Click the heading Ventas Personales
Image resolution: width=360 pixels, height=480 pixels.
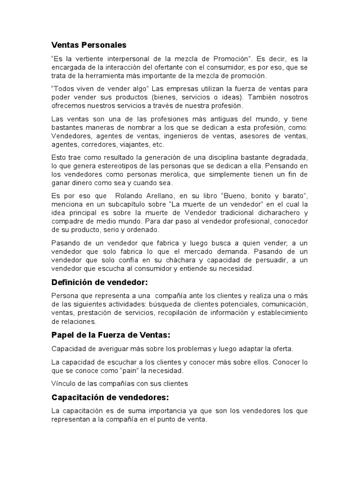(89, 45)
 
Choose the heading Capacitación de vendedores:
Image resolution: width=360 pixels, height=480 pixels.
(110, 398)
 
